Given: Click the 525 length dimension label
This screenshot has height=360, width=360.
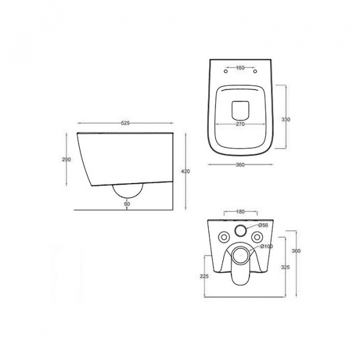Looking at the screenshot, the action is point(125,123).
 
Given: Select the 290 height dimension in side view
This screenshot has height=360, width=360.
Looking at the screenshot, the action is point(67,160).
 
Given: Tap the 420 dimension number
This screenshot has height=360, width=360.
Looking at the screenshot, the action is point(185,171).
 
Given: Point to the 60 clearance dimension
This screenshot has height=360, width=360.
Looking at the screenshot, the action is point(127,203).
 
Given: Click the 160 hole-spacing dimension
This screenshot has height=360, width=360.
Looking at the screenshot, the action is point(240,68).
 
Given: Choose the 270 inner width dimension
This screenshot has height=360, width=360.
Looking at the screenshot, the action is point(241,124).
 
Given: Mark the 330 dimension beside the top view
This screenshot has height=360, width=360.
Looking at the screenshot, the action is point(286,119).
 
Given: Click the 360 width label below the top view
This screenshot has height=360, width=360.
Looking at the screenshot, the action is point(240,164).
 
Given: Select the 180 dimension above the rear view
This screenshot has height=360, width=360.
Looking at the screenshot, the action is point(241,212).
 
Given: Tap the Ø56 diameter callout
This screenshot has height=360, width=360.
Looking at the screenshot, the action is point(263,225).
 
